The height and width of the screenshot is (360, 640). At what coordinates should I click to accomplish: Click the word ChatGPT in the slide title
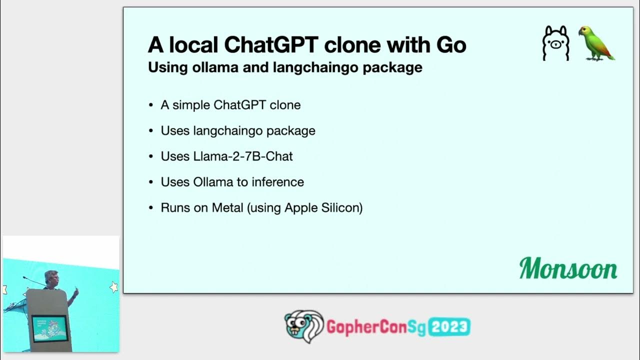pyautogui.click(x=271, y=45)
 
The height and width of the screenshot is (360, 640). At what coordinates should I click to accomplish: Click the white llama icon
pyautogui.click(x=555, y=44)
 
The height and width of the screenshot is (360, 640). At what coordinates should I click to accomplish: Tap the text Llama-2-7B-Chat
pyautogui.click(x=226, y=156)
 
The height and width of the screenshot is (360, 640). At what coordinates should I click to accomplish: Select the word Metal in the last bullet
pyautogui.click(x=227, y=207)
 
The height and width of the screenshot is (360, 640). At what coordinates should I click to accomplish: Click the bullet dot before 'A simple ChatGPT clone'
pyautogui.click(x=151, y=105)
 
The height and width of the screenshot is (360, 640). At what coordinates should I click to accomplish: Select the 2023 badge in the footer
pyautogui.click(x=449, y=327)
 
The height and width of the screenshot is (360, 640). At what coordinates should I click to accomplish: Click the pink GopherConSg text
pyautogui.click(x=375, y=327)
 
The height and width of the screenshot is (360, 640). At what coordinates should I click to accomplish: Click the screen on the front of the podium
pyautogui.click(x=48, y=327)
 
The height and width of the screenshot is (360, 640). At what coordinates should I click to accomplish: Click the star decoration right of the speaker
pyautogui.click(x=113, y=286)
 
